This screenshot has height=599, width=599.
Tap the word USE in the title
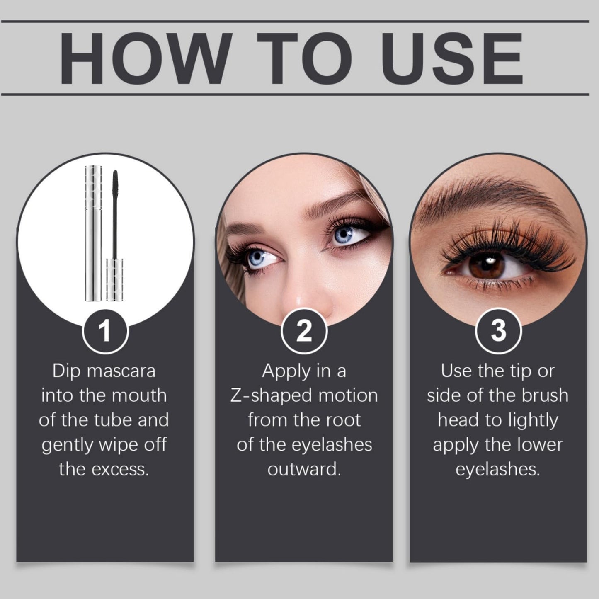pos(452,58)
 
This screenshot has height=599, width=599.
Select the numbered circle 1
pos(105,331)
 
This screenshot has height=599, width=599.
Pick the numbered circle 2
pos(304,331)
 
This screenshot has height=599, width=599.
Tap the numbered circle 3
pos(499,331)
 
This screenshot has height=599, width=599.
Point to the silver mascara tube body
pos(93,233)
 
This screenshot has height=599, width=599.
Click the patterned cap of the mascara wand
pos(114,280)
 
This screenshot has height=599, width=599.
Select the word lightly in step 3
pos(534,421)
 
